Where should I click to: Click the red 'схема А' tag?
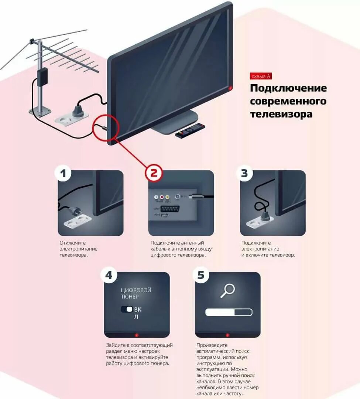coord(261,76)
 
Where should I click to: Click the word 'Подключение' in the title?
coord(288,88)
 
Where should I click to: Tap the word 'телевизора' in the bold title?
coord(281,114)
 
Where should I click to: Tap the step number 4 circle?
coord(109,275)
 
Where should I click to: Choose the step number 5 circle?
coord(200,275)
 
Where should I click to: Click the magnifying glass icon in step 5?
coord(227,290)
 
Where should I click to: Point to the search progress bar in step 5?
coord(229,313)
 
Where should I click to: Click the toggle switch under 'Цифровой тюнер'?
coord(127,309)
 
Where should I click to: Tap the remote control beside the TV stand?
coord(190,130)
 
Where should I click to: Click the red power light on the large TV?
coord(230,88)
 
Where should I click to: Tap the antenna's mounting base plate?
coord(40,111)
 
